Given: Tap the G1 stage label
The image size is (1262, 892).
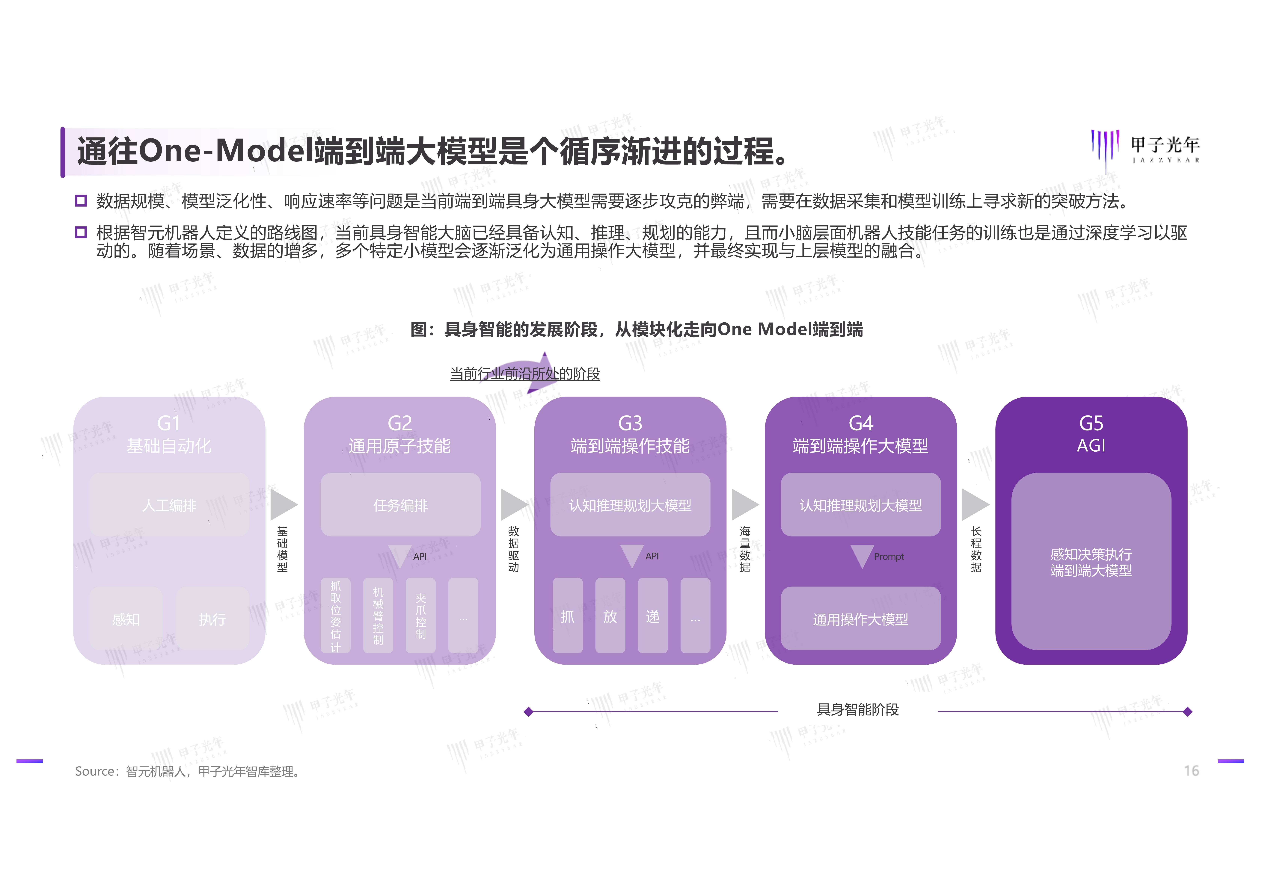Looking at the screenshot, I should pos(169,423).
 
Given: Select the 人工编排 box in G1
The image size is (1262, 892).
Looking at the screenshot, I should pos(169,505).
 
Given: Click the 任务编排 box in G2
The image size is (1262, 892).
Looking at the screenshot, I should pos(400,505).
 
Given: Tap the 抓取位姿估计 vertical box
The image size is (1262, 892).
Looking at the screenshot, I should pos(335,616).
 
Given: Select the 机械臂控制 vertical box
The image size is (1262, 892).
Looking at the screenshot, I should pos(378,616).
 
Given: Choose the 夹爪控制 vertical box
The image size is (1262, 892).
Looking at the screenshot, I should pos(420,616).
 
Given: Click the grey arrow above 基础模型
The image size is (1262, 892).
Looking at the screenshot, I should pos(283,504).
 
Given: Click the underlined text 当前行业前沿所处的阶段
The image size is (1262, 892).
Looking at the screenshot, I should pos(525,374).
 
